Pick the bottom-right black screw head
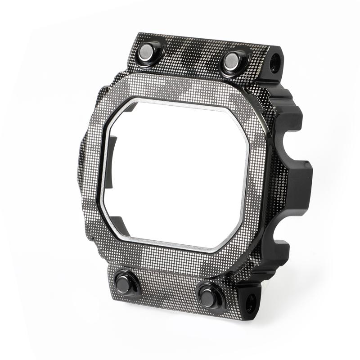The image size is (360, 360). click(x=207, y=296)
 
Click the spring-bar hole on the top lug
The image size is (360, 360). click(x=274, y=59)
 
